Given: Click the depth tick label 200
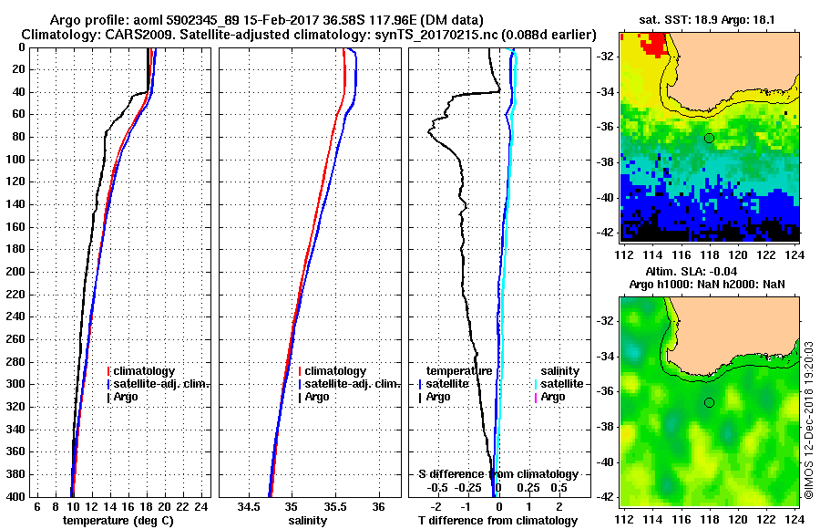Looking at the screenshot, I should coord(16,272).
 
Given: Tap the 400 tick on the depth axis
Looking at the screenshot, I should coord(16,496).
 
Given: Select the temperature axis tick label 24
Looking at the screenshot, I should coord(201,507).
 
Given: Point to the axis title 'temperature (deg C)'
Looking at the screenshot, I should coord(118,520).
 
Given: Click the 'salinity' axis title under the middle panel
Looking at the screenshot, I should coord(306,520).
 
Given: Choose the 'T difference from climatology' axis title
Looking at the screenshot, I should coord(497,521).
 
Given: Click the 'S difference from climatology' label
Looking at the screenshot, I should coord(497,474).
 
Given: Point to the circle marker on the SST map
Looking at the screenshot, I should coord(709,138).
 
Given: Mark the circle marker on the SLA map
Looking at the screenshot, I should coord(709,402).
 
